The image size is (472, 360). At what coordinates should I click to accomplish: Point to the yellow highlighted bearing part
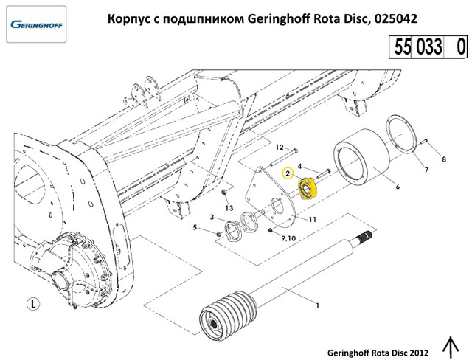(306, 187)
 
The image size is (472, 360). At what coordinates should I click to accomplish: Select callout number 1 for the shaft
(317, 305)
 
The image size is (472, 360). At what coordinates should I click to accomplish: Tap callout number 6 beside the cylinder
(398, 187)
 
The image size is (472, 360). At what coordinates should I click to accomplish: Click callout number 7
(426, 170)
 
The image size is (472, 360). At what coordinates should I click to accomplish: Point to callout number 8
(443, 159)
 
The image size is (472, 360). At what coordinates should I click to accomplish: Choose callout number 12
(280, 149)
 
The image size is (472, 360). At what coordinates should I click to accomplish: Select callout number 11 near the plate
(313, 220)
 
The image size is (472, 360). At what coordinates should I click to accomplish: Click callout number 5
(195, 227)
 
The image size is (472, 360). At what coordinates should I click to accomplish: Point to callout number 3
(212, 217)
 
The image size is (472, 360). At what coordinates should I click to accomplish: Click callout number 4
(299, 167)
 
